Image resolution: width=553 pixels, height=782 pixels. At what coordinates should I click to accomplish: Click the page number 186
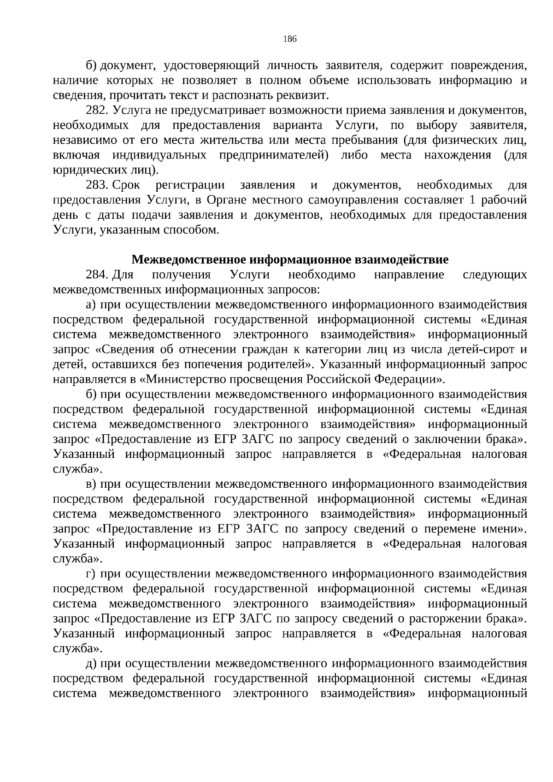[289, 39]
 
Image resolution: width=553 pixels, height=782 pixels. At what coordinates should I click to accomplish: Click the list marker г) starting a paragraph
[90, 574]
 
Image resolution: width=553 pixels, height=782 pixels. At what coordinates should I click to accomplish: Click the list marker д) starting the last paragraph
[90, 664]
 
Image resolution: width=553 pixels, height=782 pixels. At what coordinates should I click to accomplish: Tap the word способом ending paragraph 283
[190, 230]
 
